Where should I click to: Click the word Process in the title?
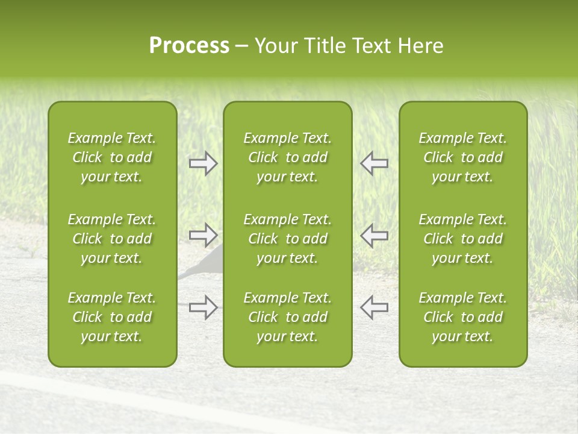pos(189,46)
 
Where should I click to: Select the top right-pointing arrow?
pos(204,163)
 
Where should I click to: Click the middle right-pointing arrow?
pos(204,234)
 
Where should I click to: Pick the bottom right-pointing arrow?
pos(204,307)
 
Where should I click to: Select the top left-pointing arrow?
pos(374,163)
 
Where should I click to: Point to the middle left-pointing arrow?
pos(374,234)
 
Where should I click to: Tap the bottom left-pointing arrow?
pos(374,307)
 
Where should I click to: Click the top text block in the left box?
pos(112,157)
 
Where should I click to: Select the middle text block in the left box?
pos(112,239)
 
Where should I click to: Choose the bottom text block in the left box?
pos(112,317)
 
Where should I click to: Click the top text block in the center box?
pos(287,157)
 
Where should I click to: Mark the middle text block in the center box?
pos(287,239)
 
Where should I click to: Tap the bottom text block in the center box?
pos(287,317)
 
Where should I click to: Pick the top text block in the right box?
pos(462,157)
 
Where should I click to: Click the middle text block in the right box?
pos(462,239)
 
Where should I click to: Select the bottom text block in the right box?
pos(462,317)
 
